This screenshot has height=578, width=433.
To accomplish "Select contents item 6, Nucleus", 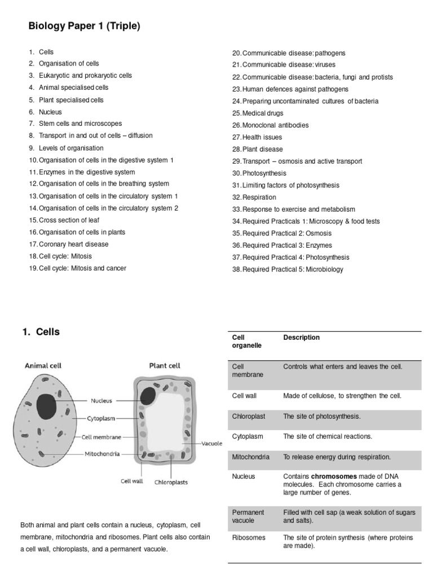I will pos(50,112).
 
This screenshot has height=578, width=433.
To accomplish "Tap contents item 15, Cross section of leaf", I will pos(69,220).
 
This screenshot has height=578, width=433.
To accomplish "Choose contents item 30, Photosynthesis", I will pos(264,173).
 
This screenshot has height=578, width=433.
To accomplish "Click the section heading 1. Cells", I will pos(41,332).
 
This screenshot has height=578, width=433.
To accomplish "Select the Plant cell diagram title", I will pos(165,365).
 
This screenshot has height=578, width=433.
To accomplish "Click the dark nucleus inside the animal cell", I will pos(47,406).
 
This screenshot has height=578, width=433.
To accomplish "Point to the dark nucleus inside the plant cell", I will pos(148,395).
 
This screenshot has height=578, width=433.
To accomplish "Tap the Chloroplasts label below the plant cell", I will pos(171,483).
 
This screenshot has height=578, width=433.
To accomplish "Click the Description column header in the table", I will pos(301,338).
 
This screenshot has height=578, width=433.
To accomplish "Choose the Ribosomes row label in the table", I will pos(249,537).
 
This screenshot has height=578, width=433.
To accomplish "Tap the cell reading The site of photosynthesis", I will pos(321,416).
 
